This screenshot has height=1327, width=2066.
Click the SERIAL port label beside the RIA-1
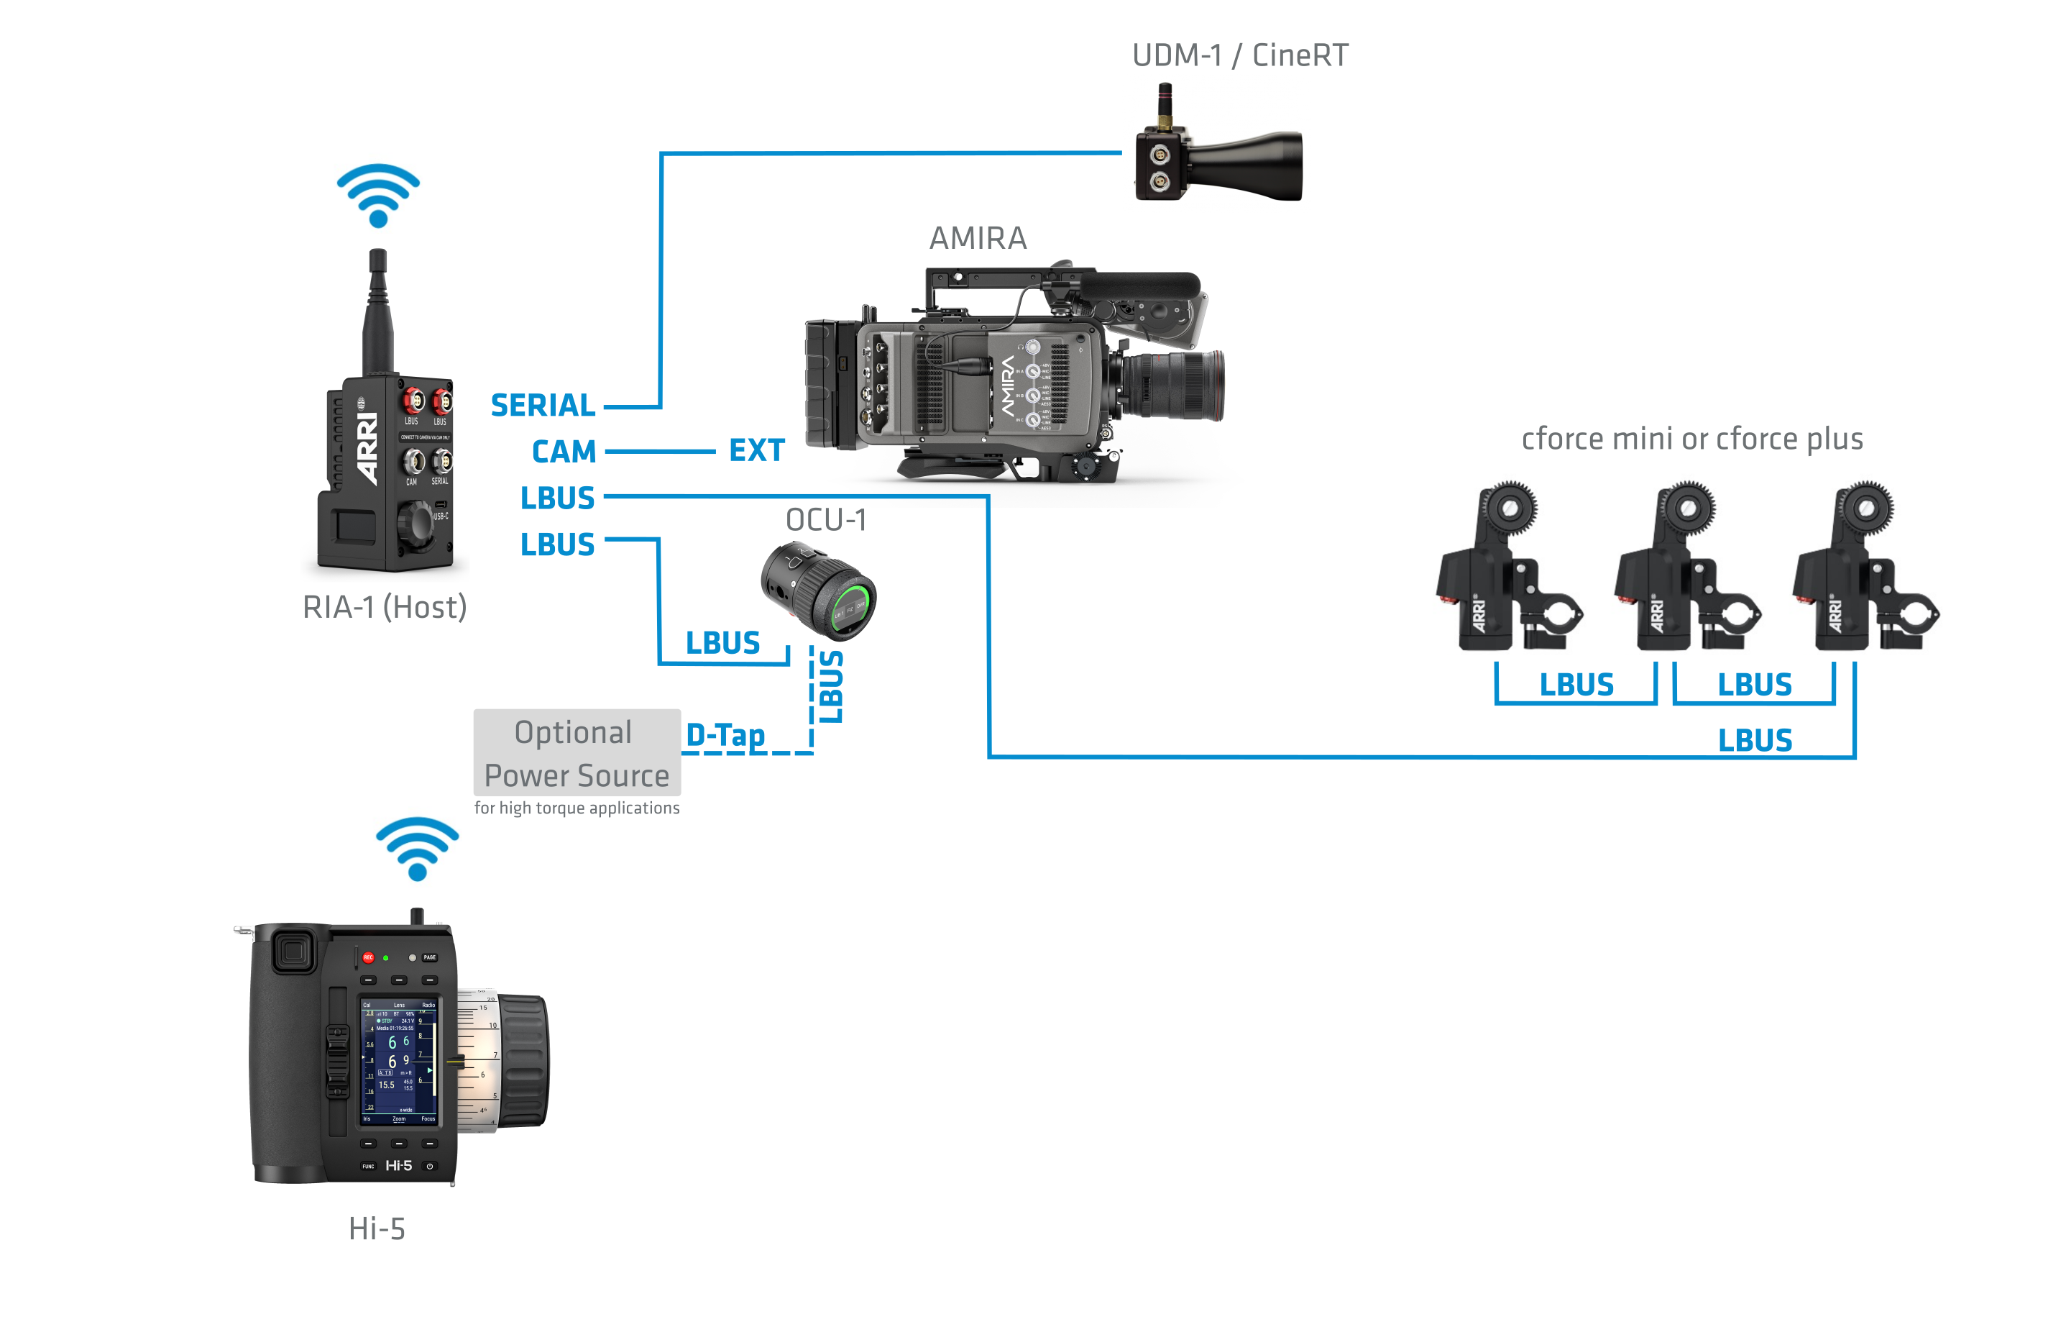(x=543, y=405)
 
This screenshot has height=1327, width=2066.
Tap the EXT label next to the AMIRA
(x=756, y=450)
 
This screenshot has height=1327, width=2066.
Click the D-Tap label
(x=725, y=735)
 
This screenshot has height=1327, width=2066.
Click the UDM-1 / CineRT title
(x=1239, y=55)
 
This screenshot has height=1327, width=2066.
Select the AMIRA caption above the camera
(x=978, y=238)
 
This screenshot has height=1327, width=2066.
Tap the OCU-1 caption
(x=826, y=519)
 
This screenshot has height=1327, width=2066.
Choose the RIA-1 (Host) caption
(x=384, y=606)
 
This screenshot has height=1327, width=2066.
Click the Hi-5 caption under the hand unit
(x=377, y=1228)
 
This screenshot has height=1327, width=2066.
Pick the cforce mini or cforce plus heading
(x=1691, y=439)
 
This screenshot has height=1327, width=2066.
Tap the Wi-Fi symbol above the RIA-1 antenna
(x=378, y=196)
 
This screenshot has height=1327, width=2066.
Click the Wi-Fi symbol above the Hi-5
(x=418, y=849)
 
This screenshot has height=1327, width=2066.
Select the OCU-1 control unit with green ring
(x=819, y=590)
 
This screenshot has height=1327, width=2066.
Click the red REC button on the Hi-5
(x=368, y=957)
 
